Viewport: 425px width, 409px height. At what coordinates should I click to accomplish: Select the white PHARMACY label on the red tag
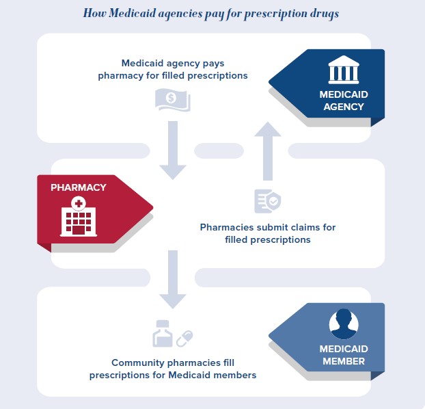coord(78,187)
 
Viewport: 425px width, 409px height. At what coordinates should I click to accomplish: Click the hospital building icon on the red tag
coord(78,217)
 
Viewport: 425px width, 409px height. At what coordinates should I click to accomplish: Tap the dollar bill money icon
coord(172,100)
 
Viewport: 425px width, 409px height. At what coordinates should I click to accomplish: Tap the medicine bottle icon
coord(163,334)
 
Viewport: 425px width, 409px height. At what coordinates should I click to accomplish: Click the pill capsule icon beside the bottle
coord(185,338)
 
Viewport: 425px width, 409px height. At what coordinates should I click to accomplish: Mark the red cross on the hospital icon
coord(78,203)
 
